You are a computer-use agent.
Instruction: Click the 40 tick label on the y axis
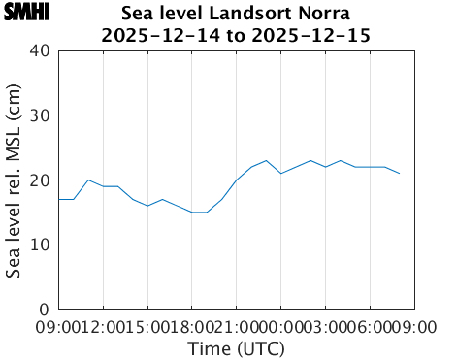tap(39, 50)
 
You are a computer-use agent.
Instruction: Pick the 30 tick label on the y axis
tap(39, 115)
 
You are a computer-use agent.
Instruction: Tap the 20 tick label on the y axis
tap(39, 180)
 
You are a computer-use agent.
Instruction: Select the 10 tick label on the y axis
tap(39, 245)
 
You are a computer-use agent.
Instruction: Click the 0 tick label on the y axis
tap(45, 310)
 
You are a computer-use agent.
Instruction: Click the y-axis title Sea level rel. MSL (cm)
tap(15, 180)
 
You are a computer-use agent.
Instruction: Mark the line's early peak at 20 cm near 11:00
tap(88, 180)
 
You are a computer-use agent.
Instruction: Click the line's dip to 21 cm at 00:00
tap(281, 174)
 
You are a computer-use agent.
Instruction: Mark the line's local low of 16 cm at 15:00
tap(147, 206)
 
